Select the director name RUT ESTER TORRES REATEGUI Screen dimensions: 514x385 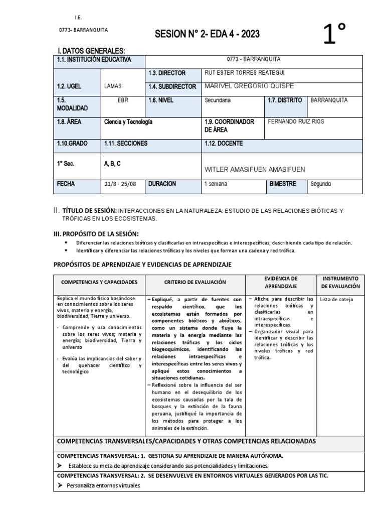(243, 73)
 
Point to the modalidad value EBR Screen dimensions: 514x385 (123, 100)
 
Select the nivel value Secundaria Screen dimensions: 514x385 (218, 100)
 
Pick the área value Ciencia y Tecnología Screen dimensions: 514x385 (128, 121)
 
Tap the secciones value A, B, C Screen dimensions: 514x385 (113, 164)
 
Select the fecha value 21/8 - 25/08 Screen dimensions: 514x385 (120, 184)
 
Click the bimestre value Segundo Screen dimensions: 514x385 (321, 184)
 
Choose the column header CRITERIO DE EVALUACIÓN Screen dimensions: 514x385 (195, 283)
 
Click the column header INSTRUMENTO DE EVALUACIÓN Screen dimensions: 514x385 (340, 282)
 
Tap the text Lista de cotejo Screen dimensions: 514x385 (336, 300)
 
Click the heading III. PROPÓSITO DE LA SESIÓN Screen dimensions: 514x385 (96, 234)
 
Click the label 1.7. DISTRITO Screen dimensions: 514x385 (285, 100)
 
